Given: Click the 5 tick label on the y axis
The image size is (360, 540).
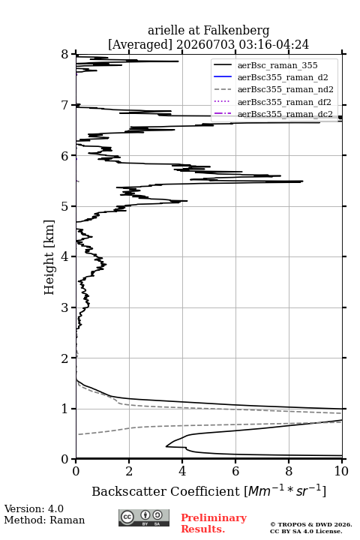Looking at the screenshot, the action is click(x=65, y=207).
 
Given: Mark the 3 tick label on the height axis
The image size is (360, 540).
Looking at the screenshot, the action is click(x=65, y=307).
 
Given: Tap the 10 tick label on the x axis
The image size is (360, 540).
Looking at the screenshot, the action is click(x=341, y=471).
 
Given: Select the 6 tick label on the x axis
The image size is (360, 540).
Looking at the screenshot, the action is click(x=235, y=471).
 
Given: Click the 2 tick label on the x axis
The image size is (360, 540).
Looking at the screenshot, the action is click(x=129, y=471).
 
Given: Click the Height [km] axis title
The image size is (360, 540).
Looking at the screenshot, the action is click(x=49, y=257).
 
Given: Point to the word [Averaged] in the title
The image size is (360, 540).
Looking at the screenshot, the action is click(x=139, y=44).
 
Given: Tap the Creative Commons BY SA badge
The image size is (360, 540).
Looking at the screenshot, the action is click(x=144, y=518).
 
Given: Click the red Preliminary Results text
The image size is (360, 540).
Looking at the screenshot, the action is click(x=214, y=523).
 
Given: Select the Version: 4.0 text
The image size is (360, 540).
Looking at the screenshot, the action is click(x=34, y=508).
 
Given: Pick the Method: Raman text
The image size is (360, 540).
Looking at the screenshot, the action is click(x=44, y=520).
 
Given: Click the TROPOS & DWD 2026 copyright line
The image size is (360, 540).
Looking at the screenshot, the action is click(x=311, y=524).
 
